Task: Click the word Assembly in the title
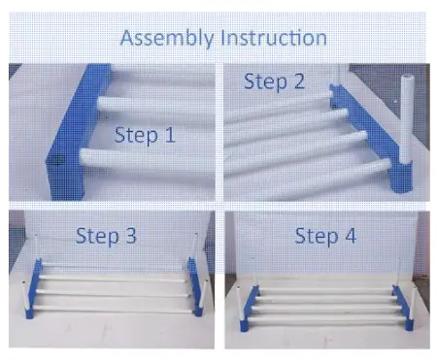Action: click(166, 38)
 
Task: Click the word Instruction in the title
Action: click(274, 38)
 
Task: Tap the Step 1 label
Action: click(145, 135)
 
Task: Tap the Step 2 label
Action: click(275, 82)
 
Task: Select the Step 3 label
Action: click(106, 236)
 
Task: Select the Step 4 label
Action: click(325, 236)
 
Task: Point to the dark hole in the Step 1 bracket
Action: click(57, 159)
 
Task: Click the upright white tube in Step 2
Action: click(407, 118)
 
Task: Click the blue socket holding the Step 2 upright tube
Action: click(401, 177)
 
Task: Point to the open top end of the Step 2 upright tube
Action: click(407, 78)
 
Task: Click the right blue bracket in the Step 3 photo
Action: click(195, 286)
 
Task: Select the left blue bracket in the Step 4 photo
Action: click(249, 308)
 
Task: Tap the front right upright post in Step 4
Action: click(413, 304)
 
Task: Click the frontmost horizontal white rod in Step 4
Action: click(327, 320)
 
